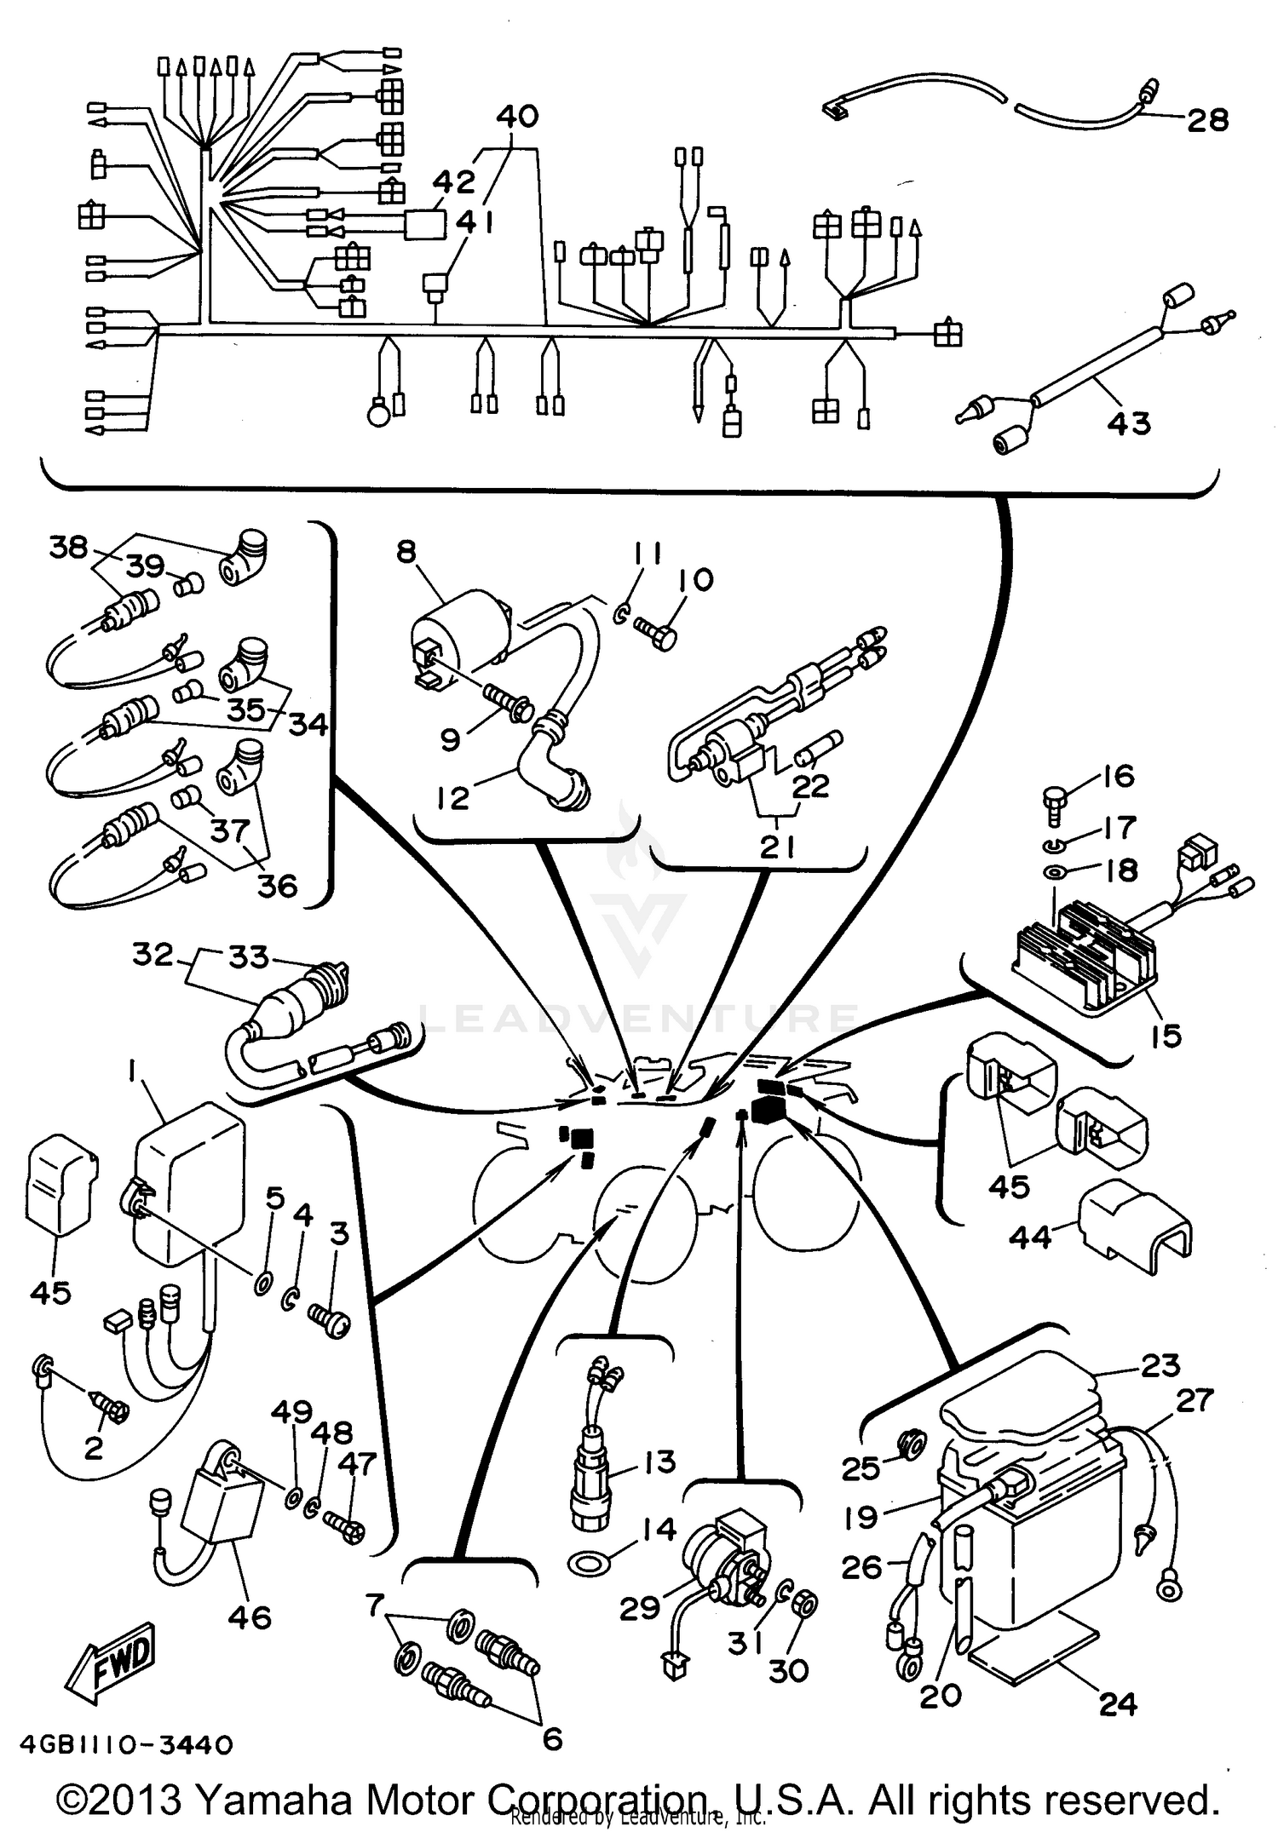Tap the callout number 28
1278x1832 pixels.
point(1208,120)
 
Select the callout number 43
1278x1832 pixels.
point(1129,422)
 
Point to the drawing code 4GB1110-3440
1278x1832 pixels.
point(119,1746)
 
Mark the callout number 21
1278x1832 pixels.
point(777,847)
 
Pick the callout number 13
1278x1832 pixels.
point(659,1462)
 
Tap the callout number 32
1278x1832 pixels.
point(153,955)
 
